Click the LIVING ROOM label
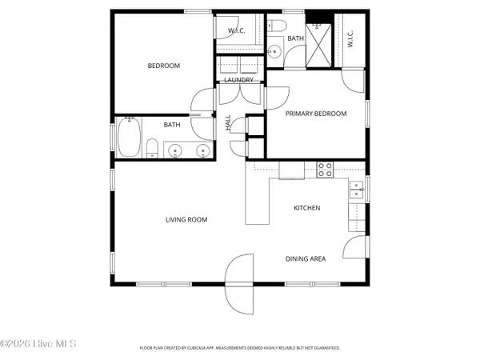click(x=186, y=220)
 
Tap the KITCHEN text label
click(x=306, y=208)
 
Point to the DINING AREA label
click(x=306, y=258)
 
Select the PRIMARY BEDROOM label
click(x=317, y=114)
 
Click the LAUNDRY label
click(x=238, y=80)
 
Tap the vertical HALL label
click(x=229, y=123)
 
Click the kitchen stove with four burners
click(x=325, y=169)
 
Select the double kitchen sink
click(x=354, y=190)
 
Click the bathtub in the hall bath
click(x=129, y=138)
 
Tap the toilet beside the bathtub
click(x=150, y=148)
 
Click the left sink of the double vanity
click(x=176, y=150)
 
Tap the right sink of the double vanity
click(x=202, y=150)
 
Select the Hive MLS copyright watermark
click(x=38, y=344)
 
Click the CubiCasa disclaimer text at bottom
click(x=240, y=348)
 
